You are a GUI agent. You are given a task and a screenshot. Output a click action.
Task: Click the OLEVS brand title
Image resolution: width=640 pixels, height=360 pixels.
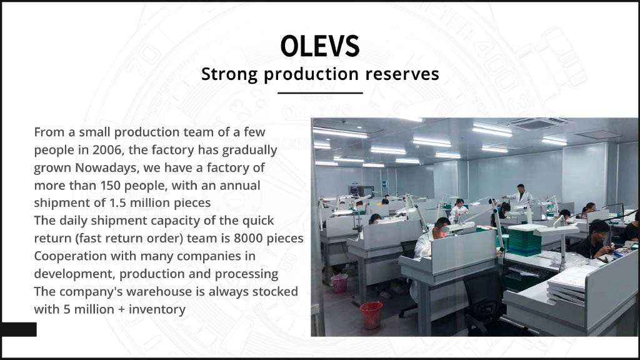point(320,46)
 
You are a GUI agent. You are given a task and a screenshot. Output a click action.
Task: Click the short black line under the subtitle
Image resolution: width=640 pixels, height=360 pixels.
point(320,93)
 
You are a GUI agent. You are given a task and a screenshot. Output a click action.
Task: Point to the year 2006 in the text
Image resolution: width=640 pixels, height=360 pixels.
point(107,150)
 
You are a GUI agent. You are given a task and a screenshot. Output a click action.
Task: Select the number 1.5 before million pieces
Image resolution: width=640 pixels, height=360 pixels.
point(117,203)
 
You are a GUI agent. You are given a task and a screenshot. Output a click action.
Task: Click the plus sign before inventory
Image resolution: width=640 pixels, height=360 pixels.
point(121,309)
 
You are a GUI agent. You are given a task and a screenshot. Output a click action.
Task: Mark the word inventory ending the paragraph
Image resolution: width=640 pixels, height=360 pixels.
point(157,309)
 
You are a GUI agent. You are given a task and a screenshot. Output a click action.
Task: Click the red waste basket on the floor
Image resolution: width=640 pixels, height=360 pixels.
point(371,315)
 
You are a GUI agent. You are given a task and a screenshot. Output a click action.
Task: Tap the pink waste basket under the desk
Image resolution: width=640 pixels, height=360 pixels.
point(339,283)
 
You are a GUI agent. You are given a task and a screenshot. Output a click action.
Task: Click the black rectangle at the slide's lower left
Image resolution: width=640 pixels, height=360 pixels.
point(18,329)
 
